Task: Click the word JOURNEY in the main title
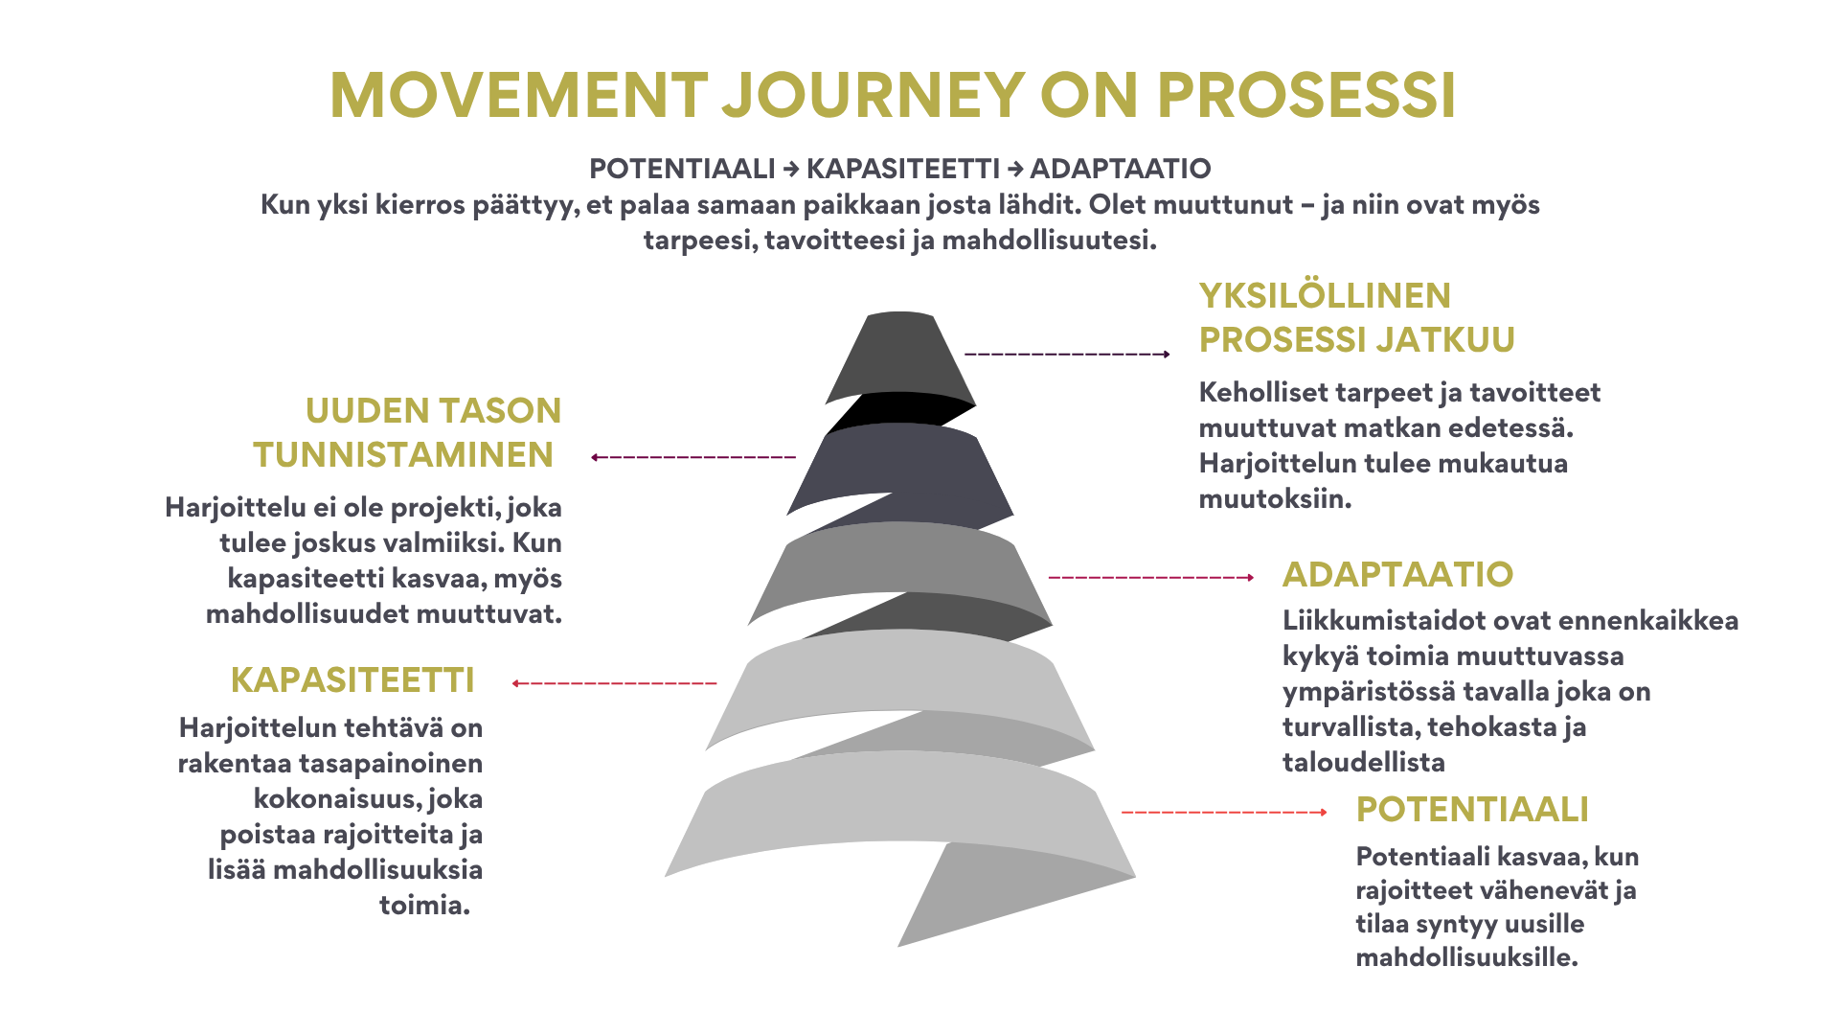coord(873,95)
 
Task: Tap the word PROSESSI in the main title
coord(1306,95)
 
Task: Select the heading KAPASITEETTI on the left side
coord(352,680)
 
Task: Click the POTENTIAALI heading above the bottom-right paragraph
coord(1472,810)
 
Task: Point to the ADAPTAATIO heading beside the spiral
coord(1397,575)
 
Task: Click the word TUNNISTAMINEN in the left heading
coord(403,455)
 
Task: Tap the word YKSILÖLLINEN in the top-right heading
coord(1325,296)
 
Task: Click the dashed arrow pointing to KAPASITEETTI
coord(614,683)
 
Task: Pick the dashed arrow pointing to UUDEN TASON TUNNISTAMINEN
coord(693,457)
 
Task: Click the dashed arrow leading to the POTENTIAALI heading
coord(1224,813)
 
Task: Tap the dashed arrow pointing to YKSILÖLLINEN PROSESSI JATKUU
coord(1067,355)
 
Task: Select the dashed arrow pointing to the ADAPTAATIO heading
coord(1151,578)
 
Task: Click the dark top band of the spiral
coord(900,355)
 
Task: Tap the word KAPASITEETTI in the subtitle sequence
coord(903,170)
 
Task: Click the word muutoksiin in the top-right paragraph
coord(1275,499)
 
